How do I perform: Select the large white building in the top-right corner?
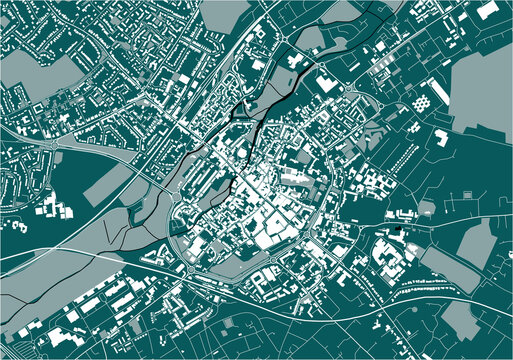tap(487, 11)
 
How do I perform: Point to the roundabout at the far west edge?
tap(47, 145)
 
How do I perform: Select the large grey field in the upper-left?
tap(36, 75)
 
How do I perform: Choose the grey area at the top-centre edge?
tap(225, 15)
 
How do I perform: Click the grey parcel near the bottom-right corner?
tap(460, 320)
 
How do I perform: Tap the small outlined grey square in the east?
tap(427, 207)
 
